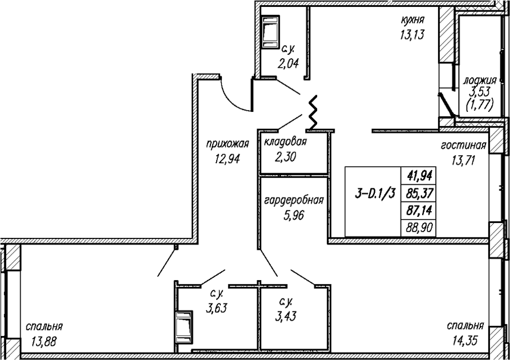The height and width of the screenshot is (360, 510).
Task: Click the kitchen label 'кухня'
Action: tap(412, 20)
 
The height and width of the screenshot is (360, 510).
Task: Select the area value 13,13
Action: tap(412, 34)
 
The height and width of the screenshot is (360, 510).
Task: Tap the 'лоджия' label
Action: tap(480, 80)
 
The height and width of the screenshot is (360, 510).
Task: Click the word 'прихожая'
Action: tap(228, 144)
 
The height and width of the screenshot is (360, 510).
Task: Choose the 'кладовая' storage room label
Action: tap(285, 143)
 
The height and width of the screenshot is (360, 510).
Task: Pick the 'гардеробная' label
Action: tap(294, 200)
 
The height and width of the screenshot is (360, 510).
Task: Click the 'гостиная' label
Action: tap(463, 145)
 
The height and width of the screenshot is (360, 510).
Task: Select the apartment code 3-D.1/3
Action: tap(375, 194)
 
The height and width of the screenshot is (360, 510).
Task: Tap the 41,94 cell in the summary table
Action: tap(419, 176)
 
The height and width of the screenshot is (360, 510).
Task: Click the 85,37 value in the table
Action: tap(419, 193)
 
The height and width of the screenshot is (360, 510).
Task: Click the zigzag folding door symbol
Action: tap(313, 112)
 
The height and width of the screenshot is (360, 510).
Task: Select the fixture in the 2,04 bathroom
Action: tap(270, 33)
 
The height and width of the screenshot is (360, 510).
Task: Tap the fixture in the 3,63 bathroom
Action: tap(184, 328)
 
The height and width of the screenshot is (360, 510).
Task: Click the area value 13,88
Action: tap(44, 342)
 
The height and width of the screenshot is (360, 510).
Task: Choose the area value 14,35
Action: tap(465, 341)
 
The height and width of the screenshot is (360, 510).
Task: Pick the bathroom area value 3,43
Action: tap(286, 315)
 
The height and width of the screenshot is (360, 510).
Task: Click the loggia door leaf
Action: tap(446, 105)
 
